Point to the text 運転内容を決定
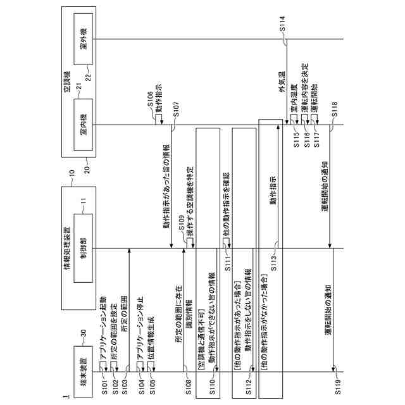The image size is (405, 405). click(x=304, y=89)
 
